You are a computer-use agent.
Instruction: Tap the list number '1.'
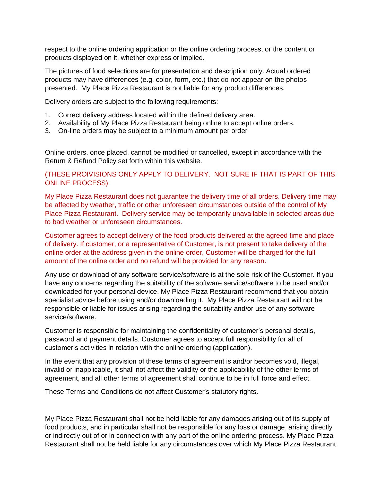tap(47, 115)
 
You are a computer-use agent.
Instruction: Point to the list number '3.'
tap(47, 131)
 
